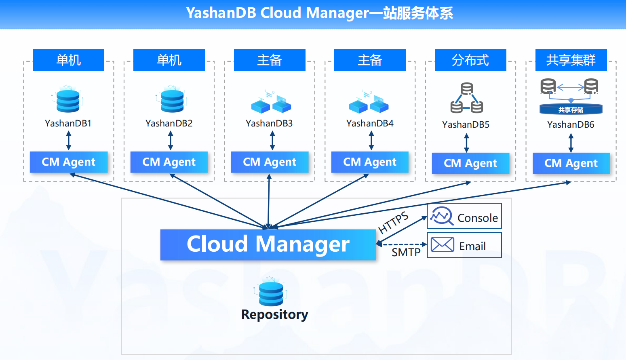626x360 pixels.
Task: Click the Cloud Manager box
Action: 268,244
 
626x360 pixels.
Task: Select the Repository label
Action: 274,314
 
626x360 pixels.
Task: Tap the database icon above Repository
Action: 271,293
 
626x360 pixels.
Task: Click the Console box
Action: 464,217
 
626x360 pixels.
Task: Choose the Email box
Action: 464,245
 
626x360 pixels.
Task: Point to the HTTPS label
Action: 393,223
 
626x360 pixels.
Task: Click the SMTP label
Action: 406,253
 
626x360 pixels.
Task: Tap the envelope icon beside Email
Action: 442,244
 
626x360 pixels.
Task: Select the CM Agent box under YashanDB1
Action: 68,162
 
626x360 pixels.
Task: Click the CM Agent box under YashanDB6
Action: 571,163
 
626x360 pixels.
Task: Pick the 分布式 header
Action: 470,60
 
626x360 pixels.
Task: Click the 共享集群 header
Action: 571,60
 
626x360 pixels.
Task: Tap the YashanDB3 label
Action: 269,123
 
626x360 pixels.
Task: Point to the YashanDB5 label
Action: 466,124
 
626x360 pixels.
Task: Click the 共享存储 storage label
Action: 571,109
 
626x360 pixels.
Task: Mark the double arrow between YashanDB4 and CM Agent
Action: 371,141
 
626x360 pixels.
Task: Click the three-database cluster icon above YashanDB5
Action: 467,98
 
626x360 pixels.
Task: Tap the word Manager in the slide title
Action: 337,13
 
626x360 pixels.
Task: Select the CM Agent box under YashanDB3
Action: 270,162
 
